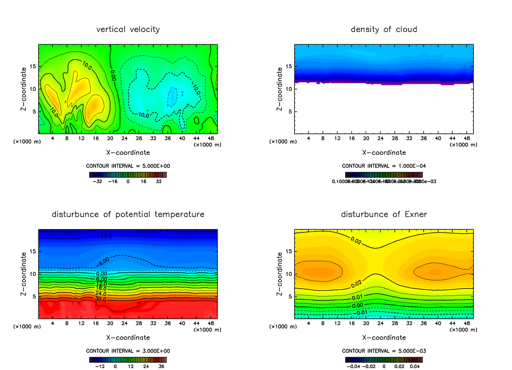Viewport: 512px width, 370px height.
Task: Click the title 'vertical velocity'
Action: tap(128, 29)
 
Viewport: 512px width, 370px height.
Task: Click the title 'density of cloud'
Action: tap(384, 29)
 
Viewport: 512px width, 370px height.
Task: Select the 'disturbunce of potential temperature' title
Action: tap(128, 214)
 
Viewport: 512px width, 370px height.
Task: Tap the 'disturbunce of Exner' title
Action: tap(384, 214)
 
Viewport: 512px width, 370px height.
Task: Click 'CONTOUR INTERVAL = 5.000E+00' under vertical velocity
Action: tap(128, 166)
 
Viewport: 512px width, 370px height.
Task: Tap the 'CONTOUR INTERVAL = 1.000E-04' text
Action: tap(384, 166)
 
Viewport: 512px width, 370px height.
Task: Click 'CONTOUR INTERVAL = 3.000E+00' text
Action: tap(128, 351)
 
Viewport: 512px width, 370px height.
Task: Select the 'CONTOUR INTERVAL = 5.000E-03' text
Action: tap(384, 351)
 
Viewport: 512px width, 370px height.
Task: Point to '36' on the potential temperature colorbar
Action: tap(162, 366)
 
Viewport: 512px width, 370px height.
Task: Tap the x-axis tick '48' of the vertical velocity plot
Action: tap(211, 139)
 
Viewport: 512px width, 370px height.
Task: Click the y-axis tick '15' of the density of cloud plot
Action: tap(288, 66)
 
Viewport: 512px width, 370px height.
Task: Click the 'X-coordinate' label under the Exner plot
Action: tap(384, 338)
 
